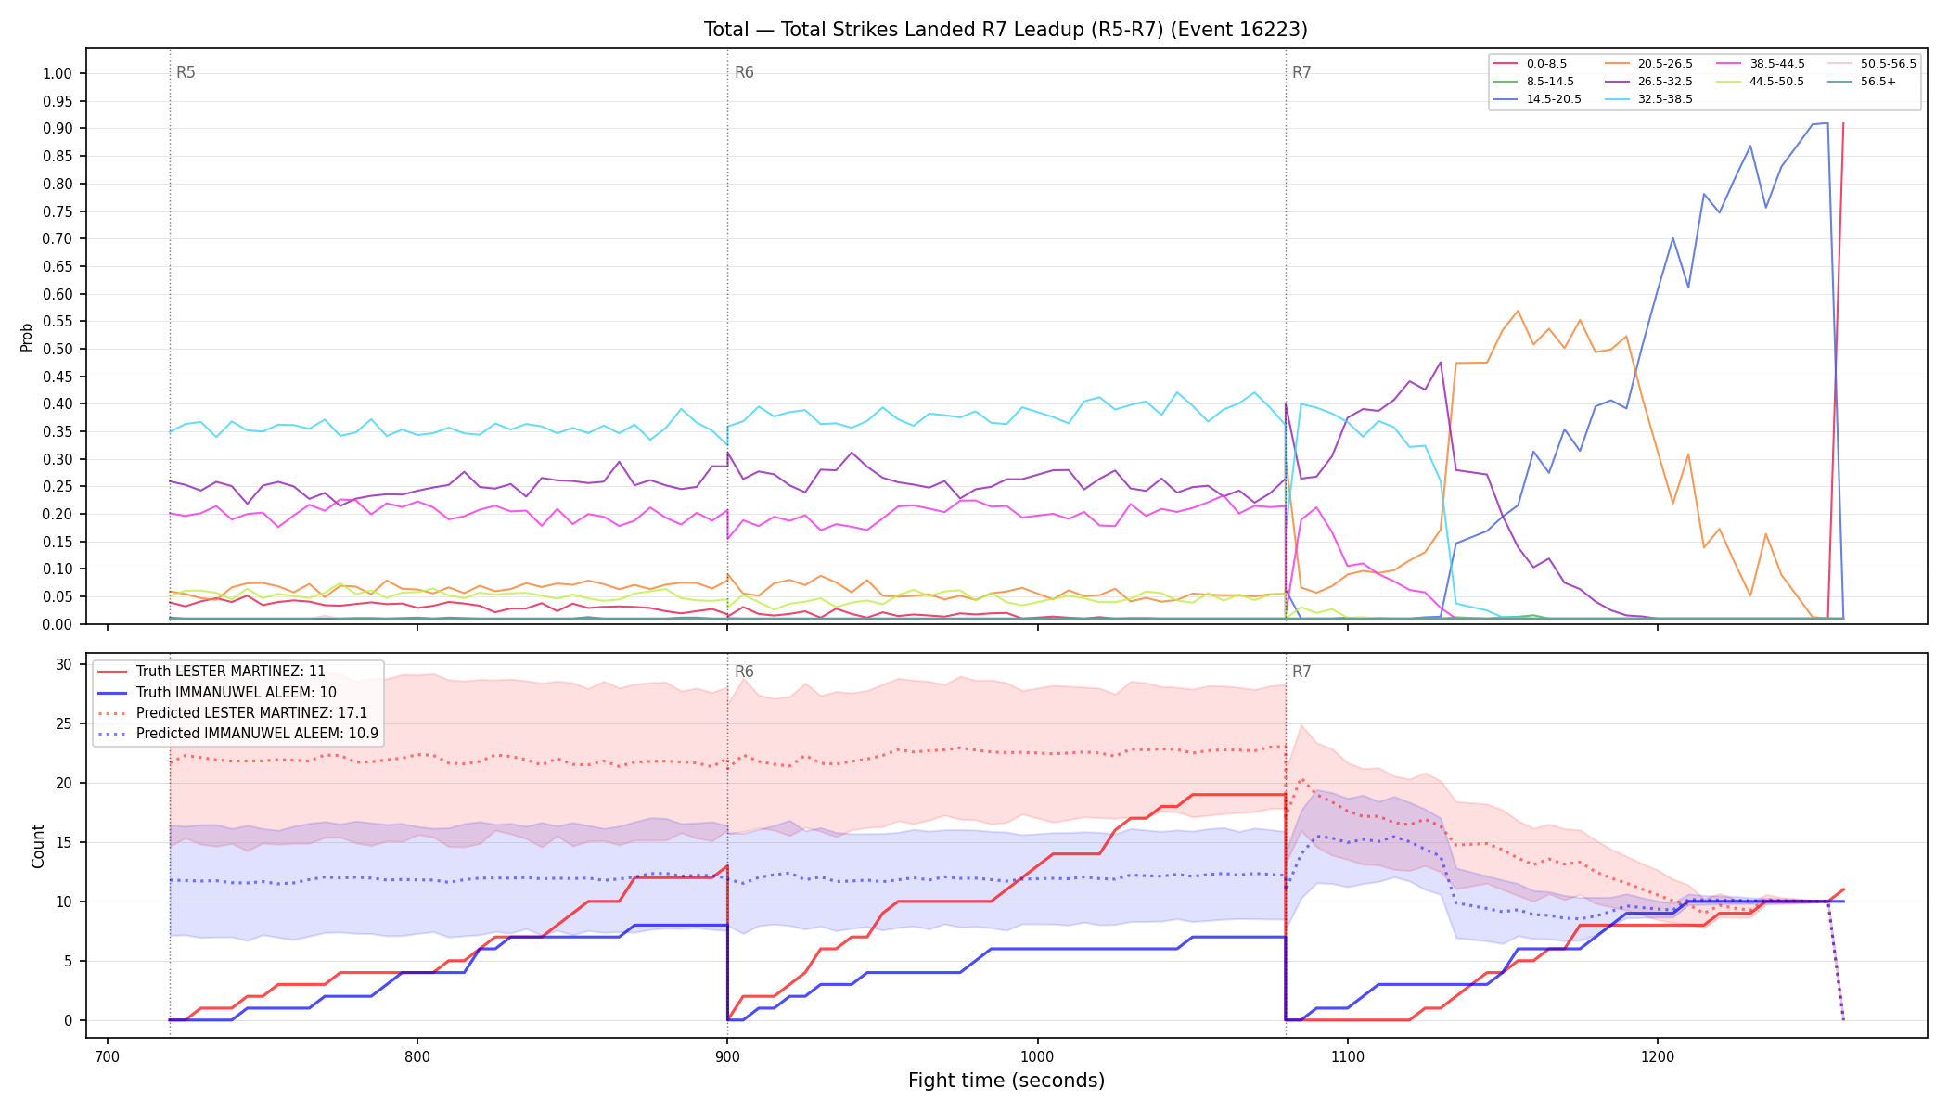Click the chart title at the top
coord(1006,30)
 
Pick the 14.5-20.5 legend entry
coord(1536,99)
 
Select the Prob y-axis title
coord(26,337)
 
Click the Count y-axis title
coord(38,846)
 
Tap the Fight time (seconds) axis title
coord(1006,1081)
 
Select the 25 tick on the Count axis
coord(64,723)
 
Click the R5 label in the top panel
coord(186,72)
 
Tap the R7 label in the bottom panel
coord(1301,672)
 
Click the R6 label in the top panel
coord(744,72)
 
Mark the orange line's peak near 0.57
coord(1518,311)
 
